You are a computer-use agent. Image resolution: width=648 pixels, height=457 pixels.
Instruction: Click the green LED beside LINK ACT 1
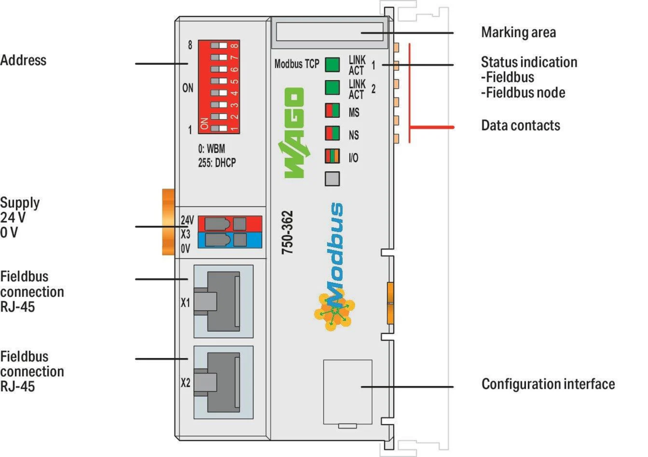pos(332,65)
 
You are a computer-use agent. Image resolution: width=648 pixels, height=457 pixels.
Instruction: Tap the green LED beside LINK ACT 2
pos(332,87)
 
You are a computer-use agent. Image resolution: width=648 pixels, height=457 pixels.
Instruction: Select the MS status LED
pos(332,111)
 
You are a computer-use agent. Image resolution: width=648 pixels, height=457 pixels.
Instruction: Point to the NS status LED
pos(332,133)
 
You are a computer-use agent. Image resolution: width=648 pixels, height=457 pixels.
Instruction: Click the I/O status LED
pos(332,156)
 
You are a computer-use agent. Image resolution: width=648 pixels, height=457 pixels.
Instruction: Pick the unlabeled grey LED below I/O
pos(332,179)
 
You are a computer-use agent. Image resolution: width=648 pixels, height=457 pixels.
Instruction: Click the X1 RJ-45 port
pos(223,301)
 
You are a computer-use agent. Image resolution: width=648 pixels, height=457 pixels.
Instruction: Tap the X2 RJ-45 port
pos(223,382)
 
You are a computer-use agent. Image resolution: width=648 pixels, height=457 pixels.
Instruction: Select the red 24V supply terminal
pos(230,224)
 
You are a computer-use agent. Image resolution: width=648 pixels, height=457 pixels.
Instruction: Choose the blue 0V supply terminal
pos(230,240)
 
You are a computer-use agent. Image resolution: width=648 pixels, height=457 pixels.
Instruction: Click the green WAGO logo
pos(294,133)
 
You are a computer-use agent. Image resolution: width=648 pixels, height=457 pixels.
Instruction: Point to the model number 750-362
pos(287,232)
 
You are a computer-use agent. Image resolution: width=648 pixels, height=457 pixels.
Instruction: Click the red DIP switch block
pos(219,87)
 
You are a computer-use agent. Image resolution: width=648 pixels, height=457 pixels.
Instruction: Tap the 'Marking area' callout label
pos(518,32)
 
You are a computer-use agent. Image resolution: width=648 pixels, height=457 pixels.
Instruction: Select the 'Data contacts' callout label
pos(521,126)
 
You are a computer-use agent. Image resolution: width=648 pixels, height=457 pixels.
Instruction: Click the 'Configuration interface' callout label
pos(548,384)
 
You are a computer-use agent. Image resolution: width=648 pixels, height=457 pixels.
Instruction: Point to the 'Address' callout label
pos(23,60)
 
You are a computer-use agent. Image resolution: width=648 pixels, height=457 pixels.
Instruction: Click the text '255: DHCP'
pos(217,163)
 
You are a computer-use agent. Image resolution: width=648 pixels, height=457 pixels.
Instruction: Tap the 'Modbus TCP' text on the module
pos(297,64)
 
